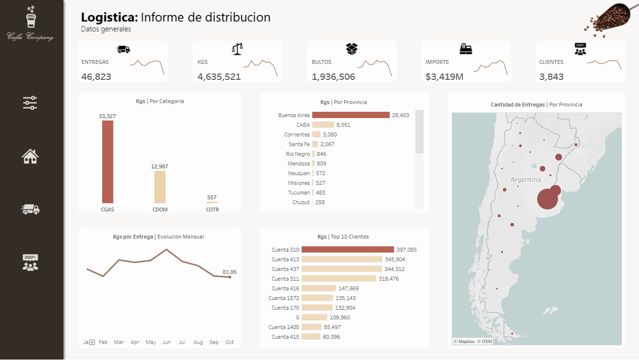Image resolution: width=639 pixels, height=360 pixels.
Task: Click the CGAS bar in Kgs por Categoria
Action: tap(107, 162)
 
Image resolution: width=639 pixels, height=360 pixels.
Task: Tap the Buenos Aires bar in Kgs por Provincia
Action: tap(350, 115)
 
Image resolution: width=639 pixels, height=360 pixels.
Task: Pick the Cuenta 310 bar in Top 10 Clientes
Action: tap(348, 250)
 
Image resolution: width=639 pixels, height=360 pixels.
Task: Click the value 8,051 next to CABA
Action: tap(343, 125)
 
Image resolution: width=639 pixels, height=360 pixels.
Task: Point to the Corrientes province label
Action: tap(297, 135)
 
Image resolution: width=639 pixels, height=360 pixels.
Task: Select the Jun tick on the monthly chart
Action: tap(167, 342)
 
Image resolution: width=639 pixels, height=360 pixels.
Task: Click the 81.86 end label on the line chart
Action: tap(230, 272)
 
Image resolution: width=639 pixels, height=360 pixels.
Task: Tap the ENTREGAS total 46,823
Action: tap(96, 76)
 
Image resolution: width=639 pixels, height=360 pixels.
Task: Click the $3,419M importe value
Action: tap(444, 76)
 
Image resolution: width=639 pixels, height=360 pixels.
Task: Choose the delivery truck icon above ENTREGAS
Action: tap(123, 49)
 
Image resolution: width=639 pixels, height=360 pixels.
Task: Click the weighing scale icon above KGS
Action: tap(238, 49)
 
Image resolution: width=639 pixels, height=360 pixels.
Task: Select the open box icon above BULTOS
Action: tap(351, 49)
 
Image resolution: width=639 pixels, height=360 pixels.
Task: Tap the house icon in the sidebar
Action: tap(30, 156)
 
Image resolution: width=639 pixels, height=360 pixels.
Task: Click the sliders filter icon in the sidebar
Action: tap(30, 103)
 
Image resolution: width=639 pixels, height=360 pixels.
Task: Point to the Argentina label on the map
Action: tap(526, 180)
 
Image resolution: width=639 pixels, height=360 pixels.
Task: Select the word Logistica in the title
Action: tap(109, 17)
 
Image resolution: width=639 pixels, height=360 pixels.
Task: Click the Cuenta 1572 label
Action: tap(286, 298)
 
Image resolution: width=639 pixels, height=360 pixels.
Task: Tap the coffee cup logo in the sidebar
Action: tap(31, 19)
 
